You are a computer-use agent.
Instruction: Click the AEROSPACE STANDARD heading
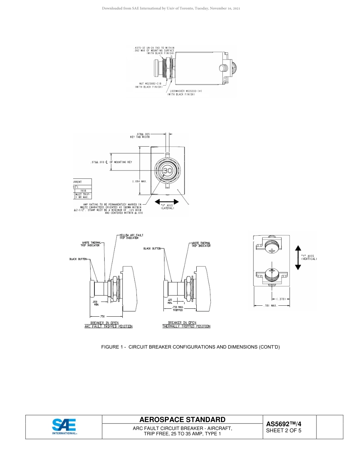coord(182,420)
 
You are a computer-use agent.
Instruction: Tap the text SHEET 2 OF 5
coord(283,431)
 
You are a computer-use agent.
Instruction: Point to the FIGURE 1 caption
coord(190,347)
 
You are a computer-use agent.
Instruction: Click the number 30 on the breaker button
coord(167,171)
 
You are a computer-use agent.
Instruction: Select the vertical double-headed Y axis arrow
coord(298,258)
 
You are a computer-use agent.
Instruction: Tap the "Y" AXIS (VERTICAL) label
coord(309,257)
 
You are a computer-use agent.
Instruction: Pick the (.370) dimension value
coord(281,299)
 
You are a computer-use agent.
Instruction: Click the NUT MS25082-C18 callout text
coord(149,85)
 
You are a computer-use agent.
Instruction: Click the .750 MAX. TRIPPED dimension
coord(178,308)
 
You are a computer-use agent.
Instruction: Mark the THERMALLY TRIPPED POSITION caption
coord(186,326)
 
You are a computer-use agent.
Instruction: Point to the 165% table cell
coord(83,191)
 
